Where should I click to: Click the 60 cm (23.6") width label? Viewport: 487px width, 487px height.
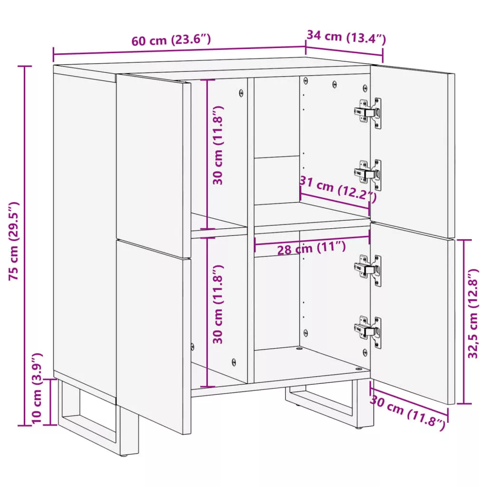(171, 40)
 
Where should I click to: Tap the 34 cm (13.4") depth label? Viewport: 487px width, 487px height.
(346, 37)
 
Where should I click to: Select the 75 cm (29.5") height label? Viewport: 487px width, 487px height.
(14, 241)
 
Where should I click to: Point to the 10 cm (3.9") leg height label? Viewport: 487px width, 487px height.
(37, 389)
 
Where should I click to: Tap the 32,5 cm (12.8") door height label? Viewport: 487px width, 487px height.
(473, 314)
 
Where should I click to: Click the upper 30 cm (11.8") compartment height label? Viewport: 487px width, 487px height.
(218, 146)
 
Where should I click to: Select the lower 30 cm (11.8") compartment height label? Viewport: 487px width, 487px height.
(218, 304)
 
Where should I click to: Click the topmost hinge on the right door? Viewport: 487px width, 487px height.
(368, 113)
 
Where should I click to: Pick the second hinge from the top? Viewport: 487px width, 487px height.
(368, 175)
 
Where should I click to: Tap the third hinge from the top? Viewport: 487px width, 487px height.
(368, 270)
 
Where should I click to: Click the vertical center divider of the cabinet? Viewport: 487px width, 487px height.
(251, 230)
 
